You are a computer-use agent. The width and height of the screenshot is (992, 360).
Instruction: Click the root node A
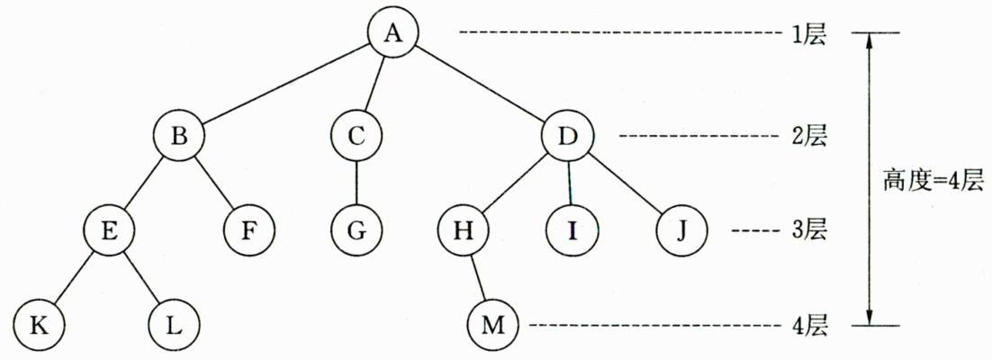pos(393,33)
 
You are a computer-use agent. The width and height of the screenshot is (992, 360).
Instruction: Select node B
pos(178,137)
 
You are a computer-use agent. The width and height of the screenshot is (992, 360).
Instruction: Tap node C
pos(356,137)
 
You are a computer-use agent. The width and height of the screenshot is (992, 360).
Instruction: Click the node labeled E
pos(109,230)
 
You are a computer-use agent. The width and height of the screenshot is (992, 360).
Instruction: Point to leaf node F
pos(250,230)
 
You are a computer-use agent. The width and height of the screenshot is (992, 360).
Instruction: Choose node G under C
pos(356,230)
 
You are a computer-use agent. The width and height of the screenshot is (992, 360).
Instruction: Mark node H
pos(464,230)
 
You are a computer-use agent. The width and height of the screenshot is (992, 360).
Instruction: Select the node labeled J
pos(681,230)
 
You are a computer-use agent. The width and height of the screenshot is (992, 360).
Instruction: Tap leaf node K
pos(39,324)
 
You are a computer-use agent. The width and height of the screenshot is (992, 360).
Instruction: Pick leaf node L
pos(173,324)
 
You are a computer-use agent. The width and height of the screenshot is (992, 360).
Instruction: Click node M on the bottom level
pos(493,324)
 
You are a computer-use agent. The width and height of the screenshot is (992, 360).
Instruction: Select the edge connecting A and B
pos(285,85)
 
